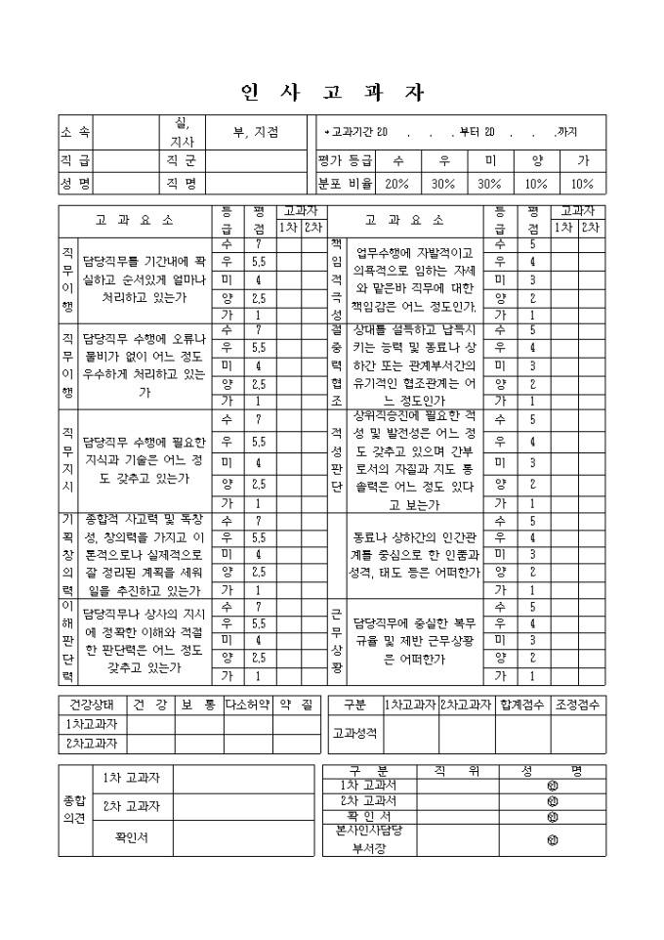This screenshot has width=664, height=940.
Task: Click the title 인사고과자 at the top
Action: (x=332, y=94)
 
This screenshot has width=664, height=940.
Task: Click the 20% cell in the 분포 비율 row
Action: (x=397, y=183)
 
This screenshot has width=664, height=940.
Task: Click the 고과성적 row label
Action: (x=353, y=732)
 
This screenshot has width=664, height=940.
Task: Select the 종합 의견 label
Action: (x=74, y=808)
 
